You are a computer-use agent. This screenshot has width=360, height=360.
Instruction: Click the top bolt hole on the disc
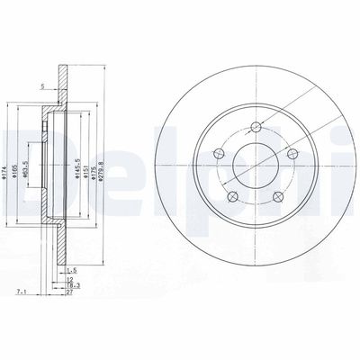coord(256,127)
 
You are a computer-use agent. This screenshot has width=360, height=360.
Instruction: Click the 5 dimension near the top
coord(41,86)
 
